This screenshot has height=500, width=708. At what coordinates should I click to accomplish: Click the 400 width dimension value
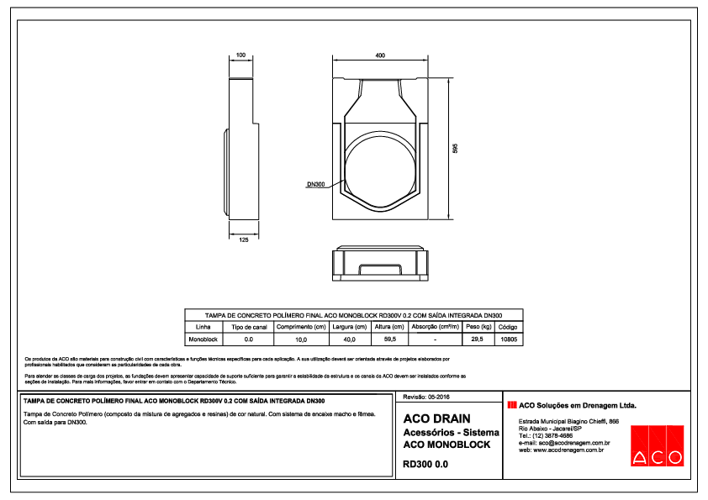click(380, 55)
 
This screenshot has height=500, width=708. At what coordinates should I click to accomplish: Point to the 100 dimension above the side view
click(240, 55)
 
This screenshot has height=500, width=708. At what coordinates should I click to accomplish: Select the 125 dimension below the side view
click(243, 239)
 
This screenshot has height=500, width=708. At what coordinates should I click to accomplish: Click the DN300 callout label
click(315, 183)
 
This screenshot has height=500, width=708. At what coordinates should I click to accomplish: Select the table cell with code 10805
click(508, 339)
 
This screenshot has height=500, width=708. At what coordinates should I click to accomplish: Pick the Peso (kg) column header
click(478, 326)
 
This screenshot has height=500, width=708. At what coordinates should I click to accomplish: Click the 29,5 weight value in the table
click(478, 339)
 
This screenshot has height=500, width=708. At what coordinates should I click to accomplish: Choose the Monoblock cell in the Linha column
click(203, 339)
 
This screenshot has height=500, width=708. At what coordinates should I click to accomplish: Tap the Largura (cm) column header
click(350, 326)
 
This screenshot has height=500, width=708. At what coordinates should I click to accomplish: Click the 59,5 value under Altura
click(389, 339)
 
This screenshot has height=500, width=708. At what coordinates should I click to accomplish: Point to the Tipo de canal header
click(249, 326)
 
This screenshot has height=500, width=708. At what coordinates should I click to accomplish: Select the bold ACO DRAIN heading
click(436, 418)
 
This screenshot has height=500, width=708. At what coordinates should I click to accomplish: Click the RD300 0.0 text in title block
click(425, 463)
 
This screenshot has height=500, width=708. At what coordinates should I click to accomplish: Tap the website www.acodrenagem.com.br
click(562, 450)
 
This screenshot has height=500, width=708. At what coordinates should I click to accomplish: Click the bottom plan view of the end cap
click(380, 262)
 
